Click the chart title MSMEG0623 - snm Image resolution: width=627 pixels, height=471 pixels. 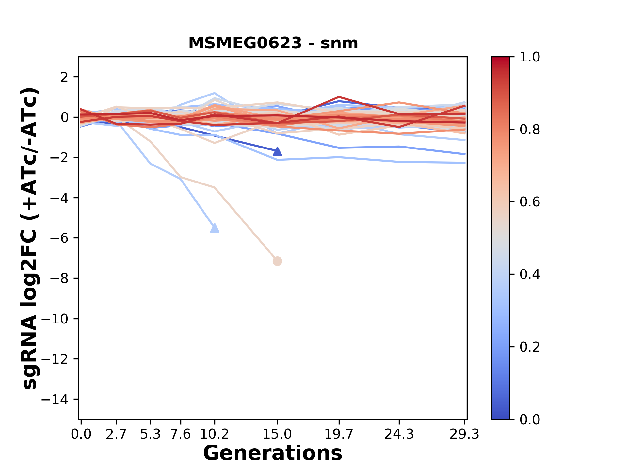[x=273, y=43]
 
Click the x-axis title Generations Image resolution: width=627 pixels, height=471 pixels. [x=273, y=453]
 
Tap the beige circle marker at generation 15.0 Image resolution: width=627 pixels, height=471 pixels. [x=277, y=261]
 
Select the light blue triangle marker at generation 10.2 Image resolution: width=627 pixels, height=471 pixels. [x=215, y=228]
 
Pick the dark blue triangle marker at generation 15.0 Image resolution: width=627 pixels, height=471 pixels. [x=277, y=151]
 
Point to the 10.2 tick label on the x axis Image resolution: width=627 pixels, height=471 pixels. [x=214, y=434]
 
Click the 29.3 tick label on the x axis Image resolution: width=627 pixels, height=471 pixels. [x=464, y=434]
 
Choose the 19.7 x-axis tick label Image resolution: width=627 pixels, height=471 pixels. [x=339, y=434]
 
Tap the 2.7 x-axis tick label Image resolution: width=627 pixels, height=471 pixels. [x=116, y=434]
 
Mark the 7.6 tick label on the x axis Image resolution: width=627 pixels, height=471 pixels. [x=181, y=434]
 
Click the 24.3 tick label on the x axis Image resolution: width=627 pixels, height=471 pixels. [x=399, y=434]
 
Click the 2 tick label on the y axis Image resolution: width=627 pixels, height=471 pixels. [x=65, y=77]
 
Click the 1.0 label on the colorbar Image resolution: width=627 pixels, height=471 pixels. [x=530, y=57]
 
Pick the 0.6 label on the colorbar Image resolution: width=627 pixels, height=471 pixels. [x=530, y=202]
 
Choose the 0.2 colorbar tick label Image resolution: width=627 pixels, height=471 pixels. [x=530, y=347]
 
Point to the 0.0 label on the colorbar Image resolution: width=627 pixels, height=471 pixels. [x=530, y=419]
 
